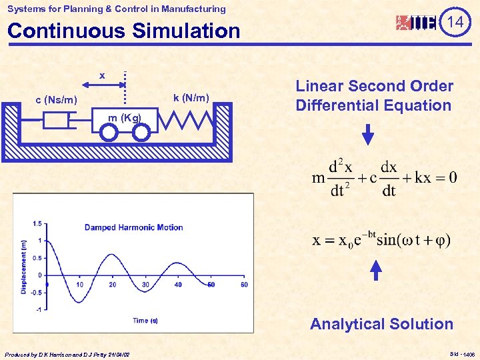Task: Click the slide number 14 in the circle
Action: tap(455, 23)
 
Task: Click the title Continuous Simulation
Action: tap(123, 31)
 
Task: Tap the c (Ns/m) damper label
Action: tap(57, 101)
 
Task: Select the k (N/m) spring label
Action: tap(191, 99)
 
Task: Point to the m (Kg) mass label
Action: tap(125, 118)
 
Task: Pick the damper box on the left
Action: tap(56, 121)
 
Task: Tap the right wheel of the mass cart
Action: tap(141, 133)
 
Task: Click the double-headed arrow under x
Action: tap(103, 85)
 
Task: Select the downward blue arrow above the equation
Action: tap(368, 135)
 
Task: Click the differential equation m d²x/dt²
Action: tap(385, 178)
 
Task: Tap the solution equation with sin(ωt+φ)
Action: tap(381, 239)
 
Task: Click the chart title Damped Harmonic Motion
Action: tap(133, 227)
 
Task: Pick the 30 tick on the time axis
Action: tap(145, 285)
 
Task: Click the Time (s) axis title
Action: tap(145, 321)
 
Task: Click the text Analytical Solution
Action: tap(381, 324)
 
